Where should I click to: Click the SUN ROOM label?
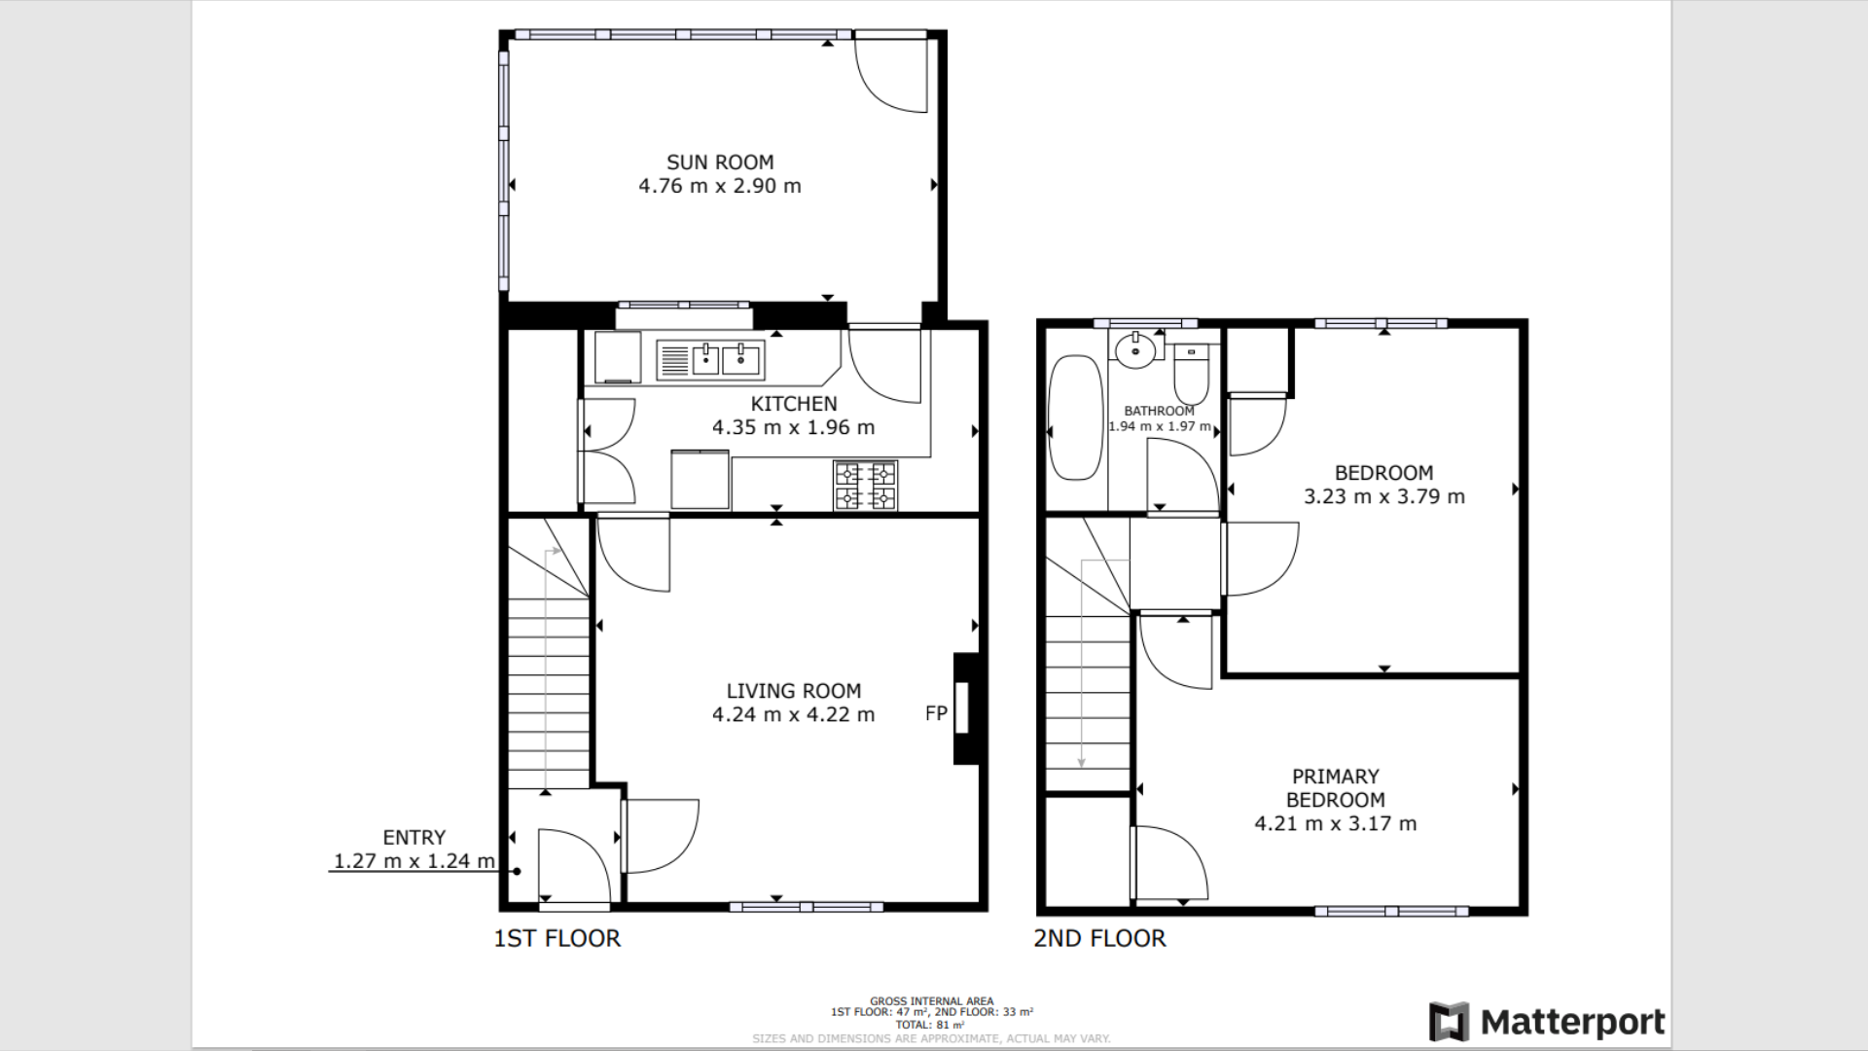pyautogui.click(x=719, y=163)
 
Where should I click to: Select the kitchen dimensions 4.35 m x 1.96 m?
pyautogui.click(x=793, y=427)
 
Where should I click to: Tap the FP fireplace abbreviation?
pyautogui.click(x=936, y=713)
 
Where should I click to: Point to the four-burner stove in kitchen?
pyautogui.click(x=865, y=486)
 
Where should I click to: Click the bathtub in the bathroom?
pyautogui.click(x=1075, y=417)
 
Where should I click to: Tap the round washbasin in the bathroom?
pyautogui.click(x=1134, y=350)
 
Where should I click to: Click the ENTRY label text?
pyautogui.click(x=413, y=837)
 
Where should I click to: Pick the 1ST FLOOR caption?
pyautogui.click(x=557, y=938)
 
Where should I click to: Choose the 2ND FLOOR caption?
pyautogui.click(x=1099, y=938)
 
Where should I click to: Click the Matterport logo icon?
pyautogui.click(x=1449, y=1022)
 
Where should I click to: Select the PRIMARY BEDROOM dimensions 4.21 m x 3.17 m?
pyautogui.click(x=1335, y=823)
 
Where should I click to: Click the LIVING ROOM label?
pyautogui.click(x=793, y=691)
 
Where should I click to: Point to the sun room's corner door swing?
pyautogui.click(x=890, y=76)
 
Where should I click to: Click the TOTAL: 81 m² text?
pyautogui.click(x=931, y=1025)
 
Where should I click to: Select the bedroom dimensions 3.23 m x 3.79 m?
pyautogui.click(x=1383, y=496)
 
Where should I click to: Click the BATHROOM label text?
pyautogui.click(x=1159, y=411)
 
